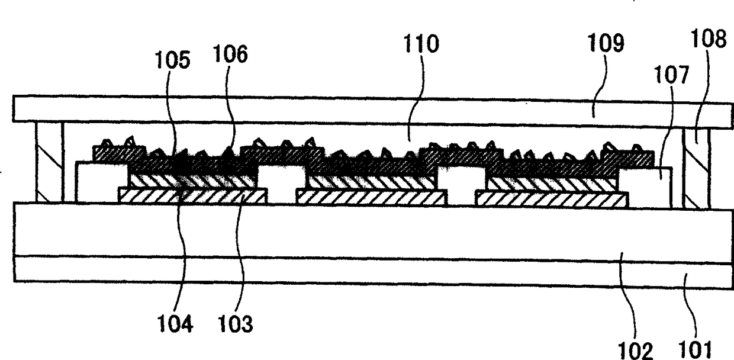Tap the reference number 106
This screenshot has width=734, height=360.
(x=231, y=55)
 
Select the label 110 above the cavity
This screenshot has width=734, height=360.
(x=421, y=46)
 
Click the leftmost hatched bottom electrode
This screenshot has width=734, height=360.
(x=192, y=196)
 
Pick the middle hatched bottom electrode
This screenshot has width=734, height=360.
(x=371, y=198)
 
